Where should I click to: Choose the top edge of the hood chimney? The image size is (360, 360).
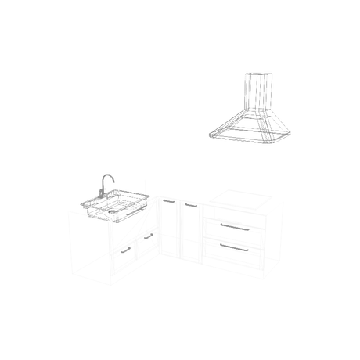coord(257,72)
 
